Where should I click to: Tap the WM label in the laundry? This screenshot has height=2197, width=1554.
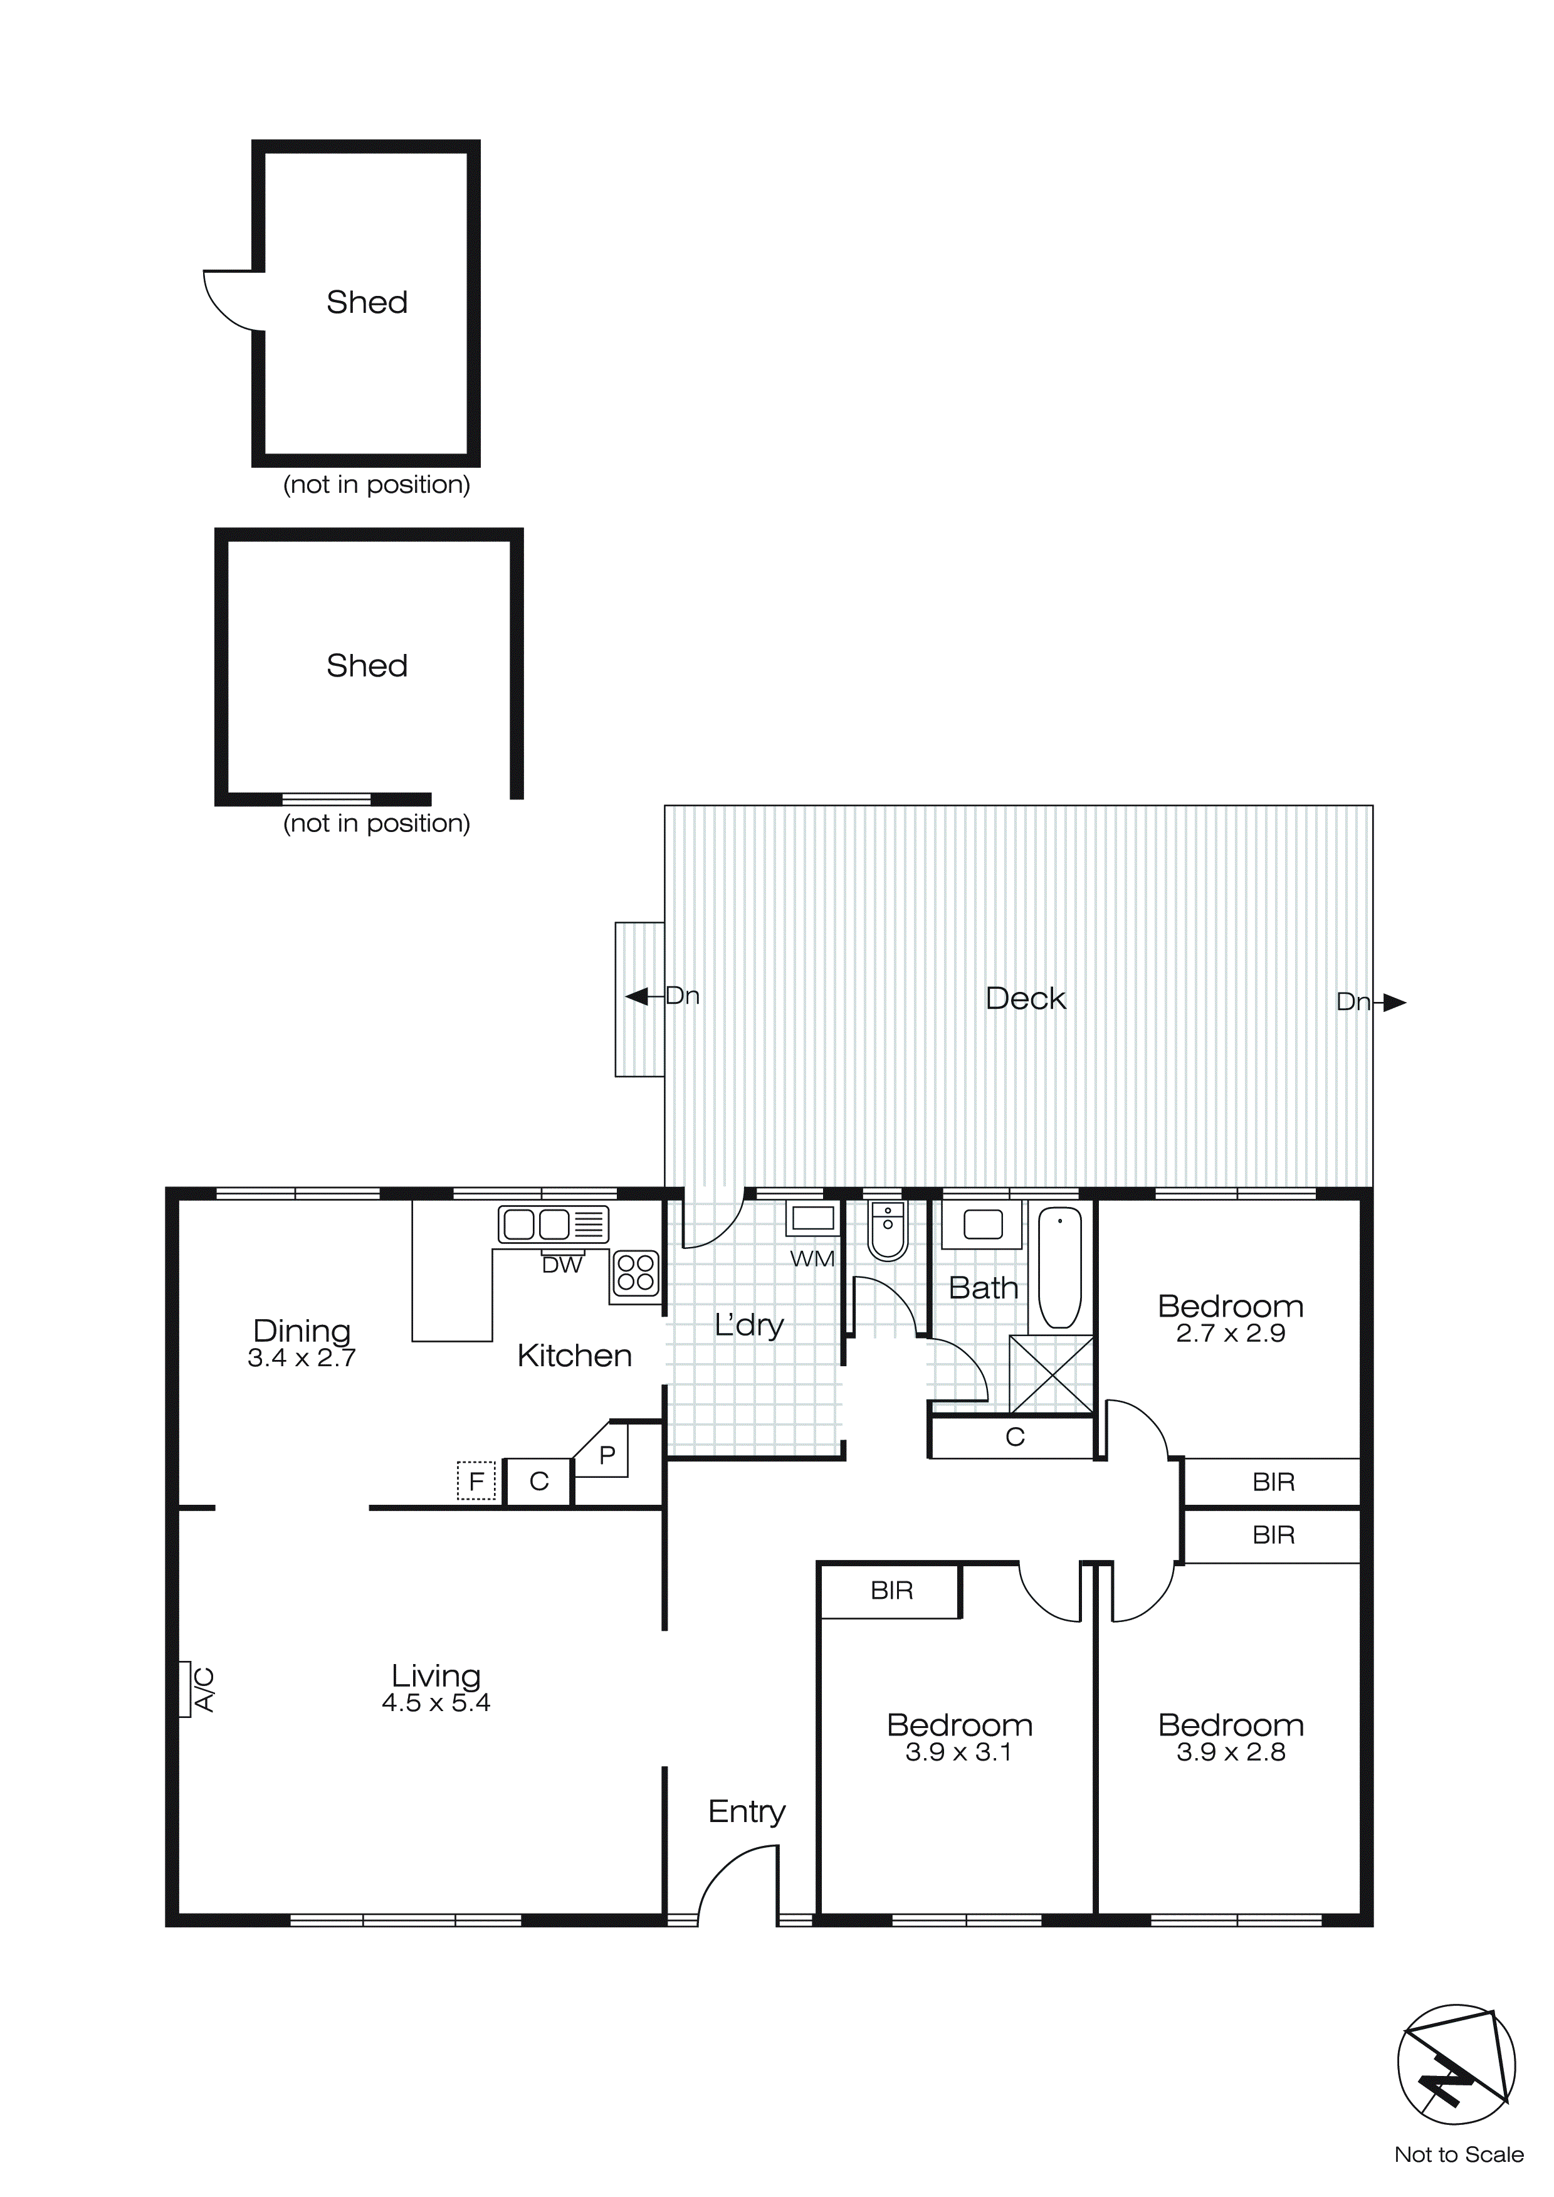point(812,1259)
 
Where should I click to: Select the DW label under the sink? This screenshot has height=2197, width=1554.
point(562,1265)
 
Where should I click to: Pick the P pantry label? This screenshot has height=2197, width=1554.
point(607,1455)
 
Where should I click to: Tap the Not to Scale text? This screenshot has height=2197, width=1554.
point(1458,2155)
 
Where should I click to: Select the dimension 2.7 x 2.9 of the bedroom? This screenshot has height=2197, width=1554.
point(1231,1334)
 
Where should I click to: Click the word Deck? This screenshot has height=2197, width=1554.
point(1025,999)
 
